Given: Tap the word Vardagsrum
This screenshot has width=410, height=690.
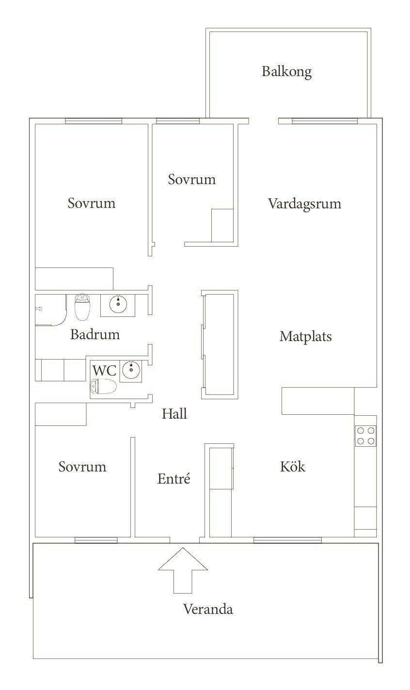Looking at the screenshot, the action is coord(304,204).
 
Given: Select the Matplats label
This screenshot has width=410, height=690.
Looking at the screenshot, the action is coord(306,336).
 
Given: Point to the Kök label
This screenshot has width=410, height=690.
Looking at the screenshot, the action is coord(293,466).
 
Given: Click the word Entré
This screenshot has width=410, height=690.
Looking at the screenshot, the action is coord(173,478).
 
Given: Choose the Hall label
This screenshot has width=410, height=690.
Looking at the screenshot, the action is coord(174,413).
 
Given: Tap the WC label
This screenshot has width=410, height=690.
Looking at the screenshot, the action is coord(104,370).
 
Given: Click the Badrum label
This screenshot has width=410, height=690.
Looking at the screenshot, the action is coord(95,334).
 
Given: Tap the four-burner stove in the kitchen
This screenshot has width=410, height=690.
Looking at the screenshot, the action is coord(365,436).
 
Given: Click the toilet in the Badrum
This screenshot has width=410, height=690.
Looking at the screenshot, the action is coord(82,307).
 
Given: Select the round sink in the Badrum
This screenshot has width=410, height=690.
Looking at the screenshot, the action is coord(118,303).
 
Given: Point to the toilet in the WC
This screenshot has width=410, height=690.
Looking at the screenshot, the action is coord(103,386).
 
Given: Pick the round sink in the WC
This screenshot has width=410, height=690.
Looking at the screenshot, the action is coord(131,369).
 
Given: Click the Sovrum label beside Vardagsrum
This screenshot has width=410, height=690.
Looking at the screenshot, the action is coord(191,179).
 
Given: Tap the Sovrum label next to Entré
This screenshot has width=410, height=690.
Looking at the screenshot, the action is coord(82,466).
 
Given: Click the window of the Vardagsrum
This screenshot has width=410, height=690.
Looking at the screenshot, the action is coord(325,121).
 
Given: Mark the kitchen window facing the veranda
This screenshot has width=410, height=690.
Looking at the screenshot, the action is coord(287,540).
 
